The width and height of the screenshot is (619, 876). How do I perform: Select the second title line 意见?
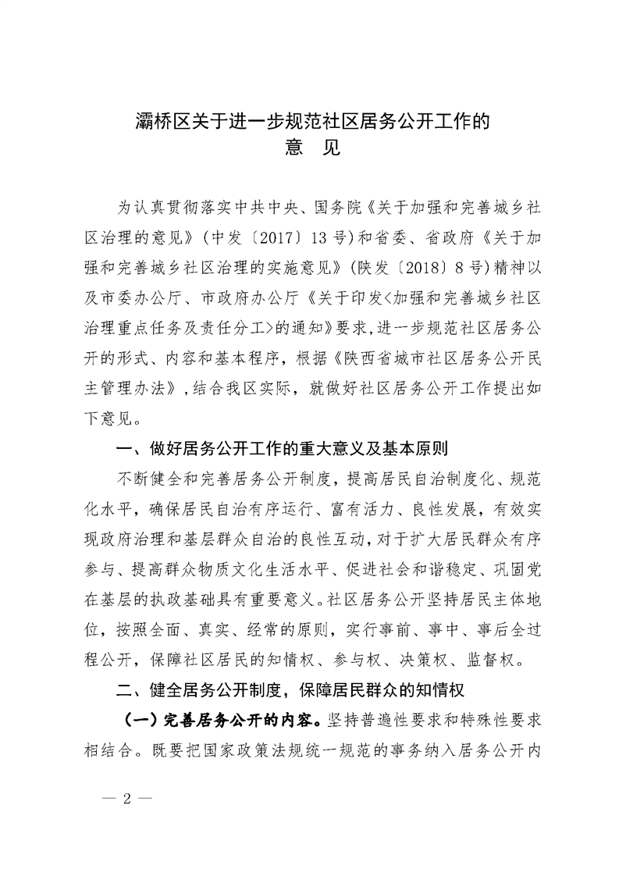310,148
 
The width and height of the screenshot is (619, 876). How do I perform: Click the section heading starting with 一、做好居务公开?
281,449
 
